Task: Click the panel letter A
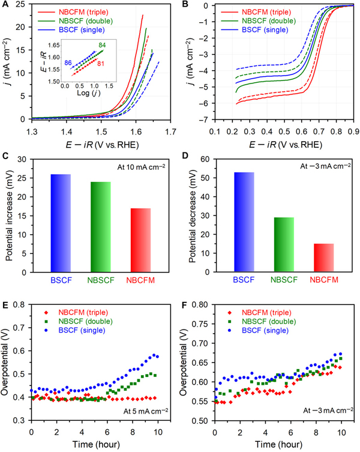pos(5,5)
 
